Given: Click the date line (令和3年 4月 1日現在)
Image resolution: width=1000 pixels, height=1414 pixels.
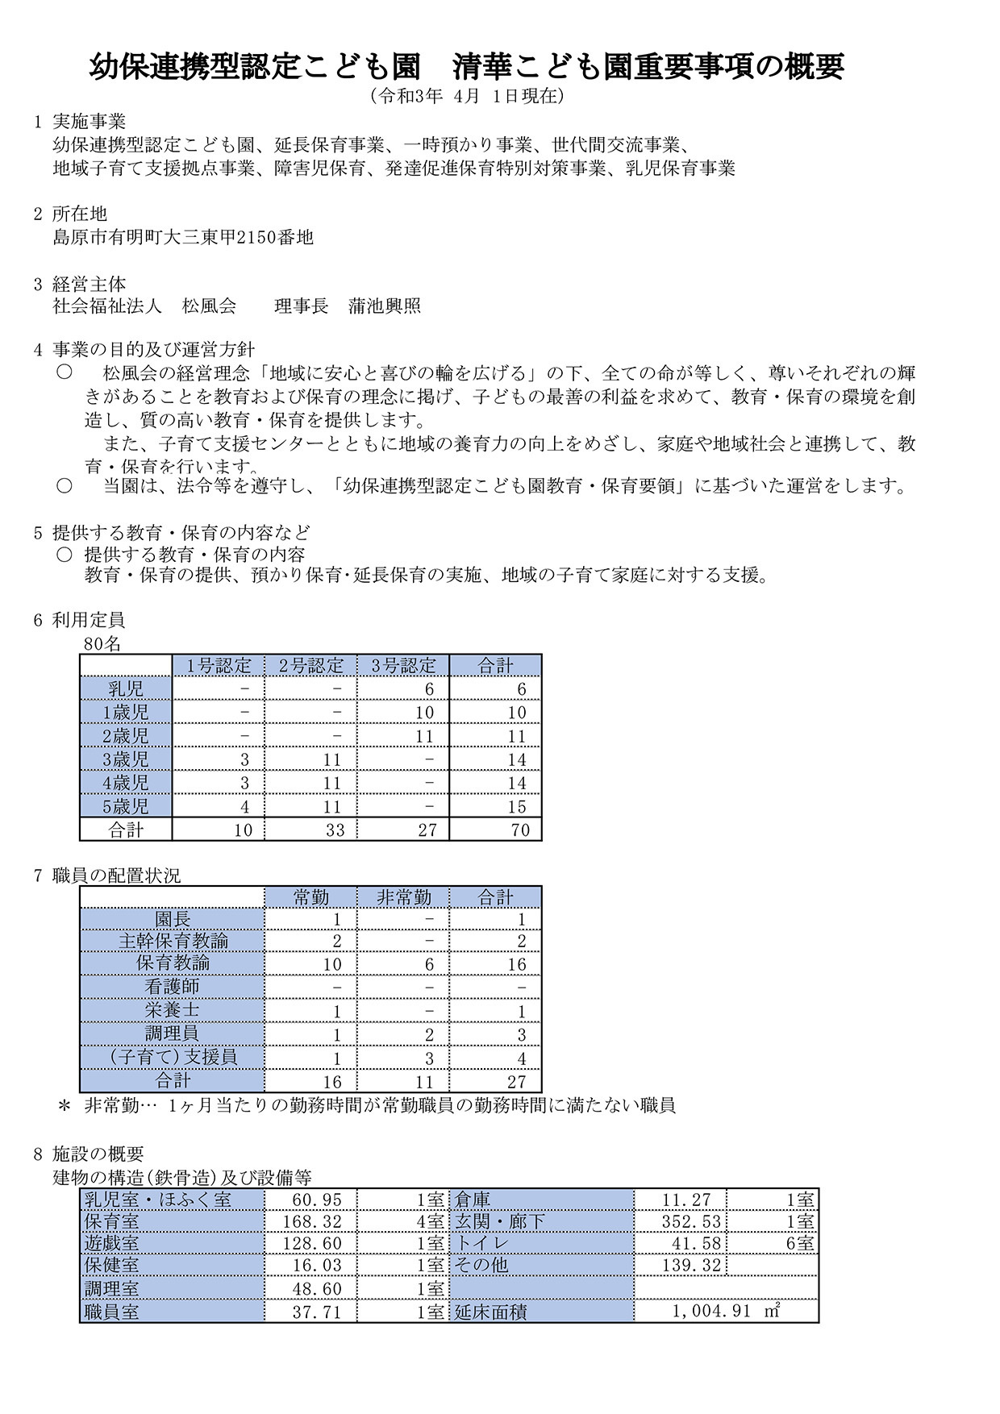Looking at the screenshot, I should (467, 96).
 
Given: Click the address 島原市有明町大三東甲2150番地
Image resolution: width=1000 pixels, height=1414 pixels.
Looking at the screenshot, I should (182, 237).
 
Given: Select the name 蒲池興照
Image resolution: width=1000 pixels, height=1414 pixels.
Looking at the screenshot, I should (385, 306).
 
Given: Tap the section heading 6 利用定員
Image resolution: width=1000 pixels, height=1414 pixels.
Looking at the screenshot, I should (79, 620).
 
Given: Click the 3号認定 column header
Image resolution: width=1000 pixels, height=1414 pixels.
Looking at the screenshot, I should (403, 666).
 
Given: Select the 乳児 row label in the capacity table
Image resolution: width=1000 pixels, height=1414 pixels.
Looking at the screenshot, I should (126, 688).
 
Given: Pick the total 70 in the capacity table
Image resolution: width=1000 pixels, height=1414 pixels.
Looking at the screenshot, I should (519, 830).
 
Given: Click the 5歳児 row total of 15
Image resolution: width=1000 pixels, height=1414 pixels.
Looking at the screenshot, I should (517, 806).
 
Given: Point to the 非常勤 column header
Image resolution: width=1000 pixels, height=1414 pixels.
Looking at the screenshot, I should (403, 897).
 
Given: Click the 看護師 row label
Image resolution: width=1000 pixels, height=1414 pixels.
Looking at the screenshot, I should (172, 986).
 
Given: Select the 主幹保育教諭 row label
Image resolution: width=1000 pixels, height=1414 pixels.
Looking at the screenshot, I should (173, 941).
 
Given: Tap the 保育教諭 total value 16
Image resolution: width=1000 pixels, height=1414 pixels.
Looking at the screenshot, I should (516, 964).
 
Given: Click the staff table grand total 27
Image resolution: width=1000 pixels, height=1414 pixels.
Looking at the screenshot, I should (516, 1082).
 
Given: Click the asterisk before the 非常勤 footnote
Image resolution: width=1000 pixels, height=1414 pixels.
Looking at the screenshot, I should (65, 1106).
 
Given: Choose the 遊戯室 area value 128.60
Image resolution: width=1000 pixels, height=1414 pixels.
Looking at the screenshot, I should (312, 1244).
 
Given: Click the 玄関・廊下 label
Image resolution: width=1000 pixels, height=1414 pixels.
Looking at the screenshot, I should (500, 1222).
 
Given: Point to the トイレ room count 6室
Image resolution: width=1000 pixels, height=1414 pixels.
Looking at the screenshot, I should (800, 1244).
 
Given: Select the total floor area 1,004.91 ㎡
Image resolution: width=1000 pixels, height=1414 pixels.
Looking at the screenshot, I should (726, 1312).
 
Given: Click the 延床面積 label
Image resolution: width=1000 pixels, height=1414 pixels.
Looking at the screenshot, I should (491, 1312).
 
